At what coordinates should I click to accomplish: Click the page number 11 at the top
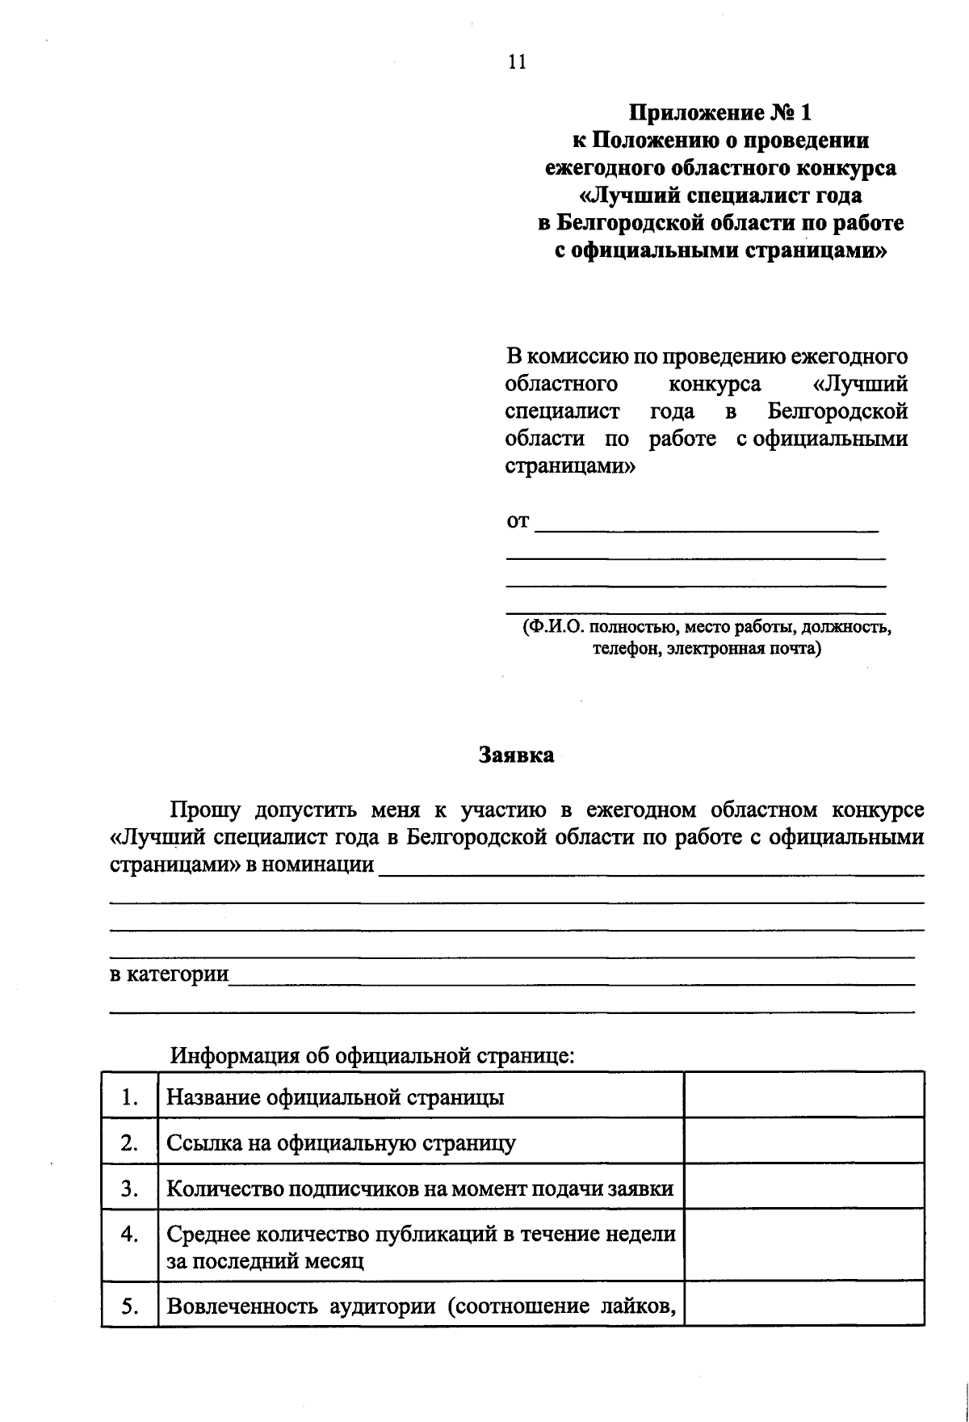coord(518,62)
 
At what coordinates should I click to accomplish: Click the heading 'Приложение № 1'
coord(720,112)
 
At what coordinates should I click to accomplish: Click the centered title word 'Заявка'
coord(517,755)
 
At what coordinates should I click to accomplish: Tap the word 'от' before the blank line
coord(518,521)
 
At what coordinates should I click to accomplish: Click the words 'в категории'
coord(169,974)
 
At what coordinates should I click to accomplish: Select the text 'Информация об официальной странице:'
coord(372,1055)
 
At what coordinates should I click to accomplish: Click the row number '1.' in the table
coord(129,1097)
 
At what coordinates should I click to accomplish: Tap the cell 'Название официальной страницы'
coord(335,1097)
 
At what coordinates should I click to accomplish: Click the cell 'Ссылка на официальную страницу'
coord(341,1143)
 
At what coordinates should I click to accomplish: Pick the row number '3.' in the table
coord(129,1189)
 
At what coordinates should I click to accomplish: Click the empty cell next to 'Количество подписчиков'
coord(803,1189)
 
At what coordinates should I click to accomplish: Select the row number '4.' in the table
coord(129,1235)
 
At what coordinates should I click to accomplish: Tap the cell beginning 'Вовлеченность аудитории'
coord(420,1306)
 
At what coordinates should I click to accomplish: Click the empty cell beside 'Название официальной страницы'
coord(803,1097)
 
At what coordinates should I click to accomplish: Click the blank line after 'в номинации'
coord(650,868)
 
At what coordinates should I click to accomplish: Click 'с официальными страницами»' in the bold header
coord(720,250)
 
